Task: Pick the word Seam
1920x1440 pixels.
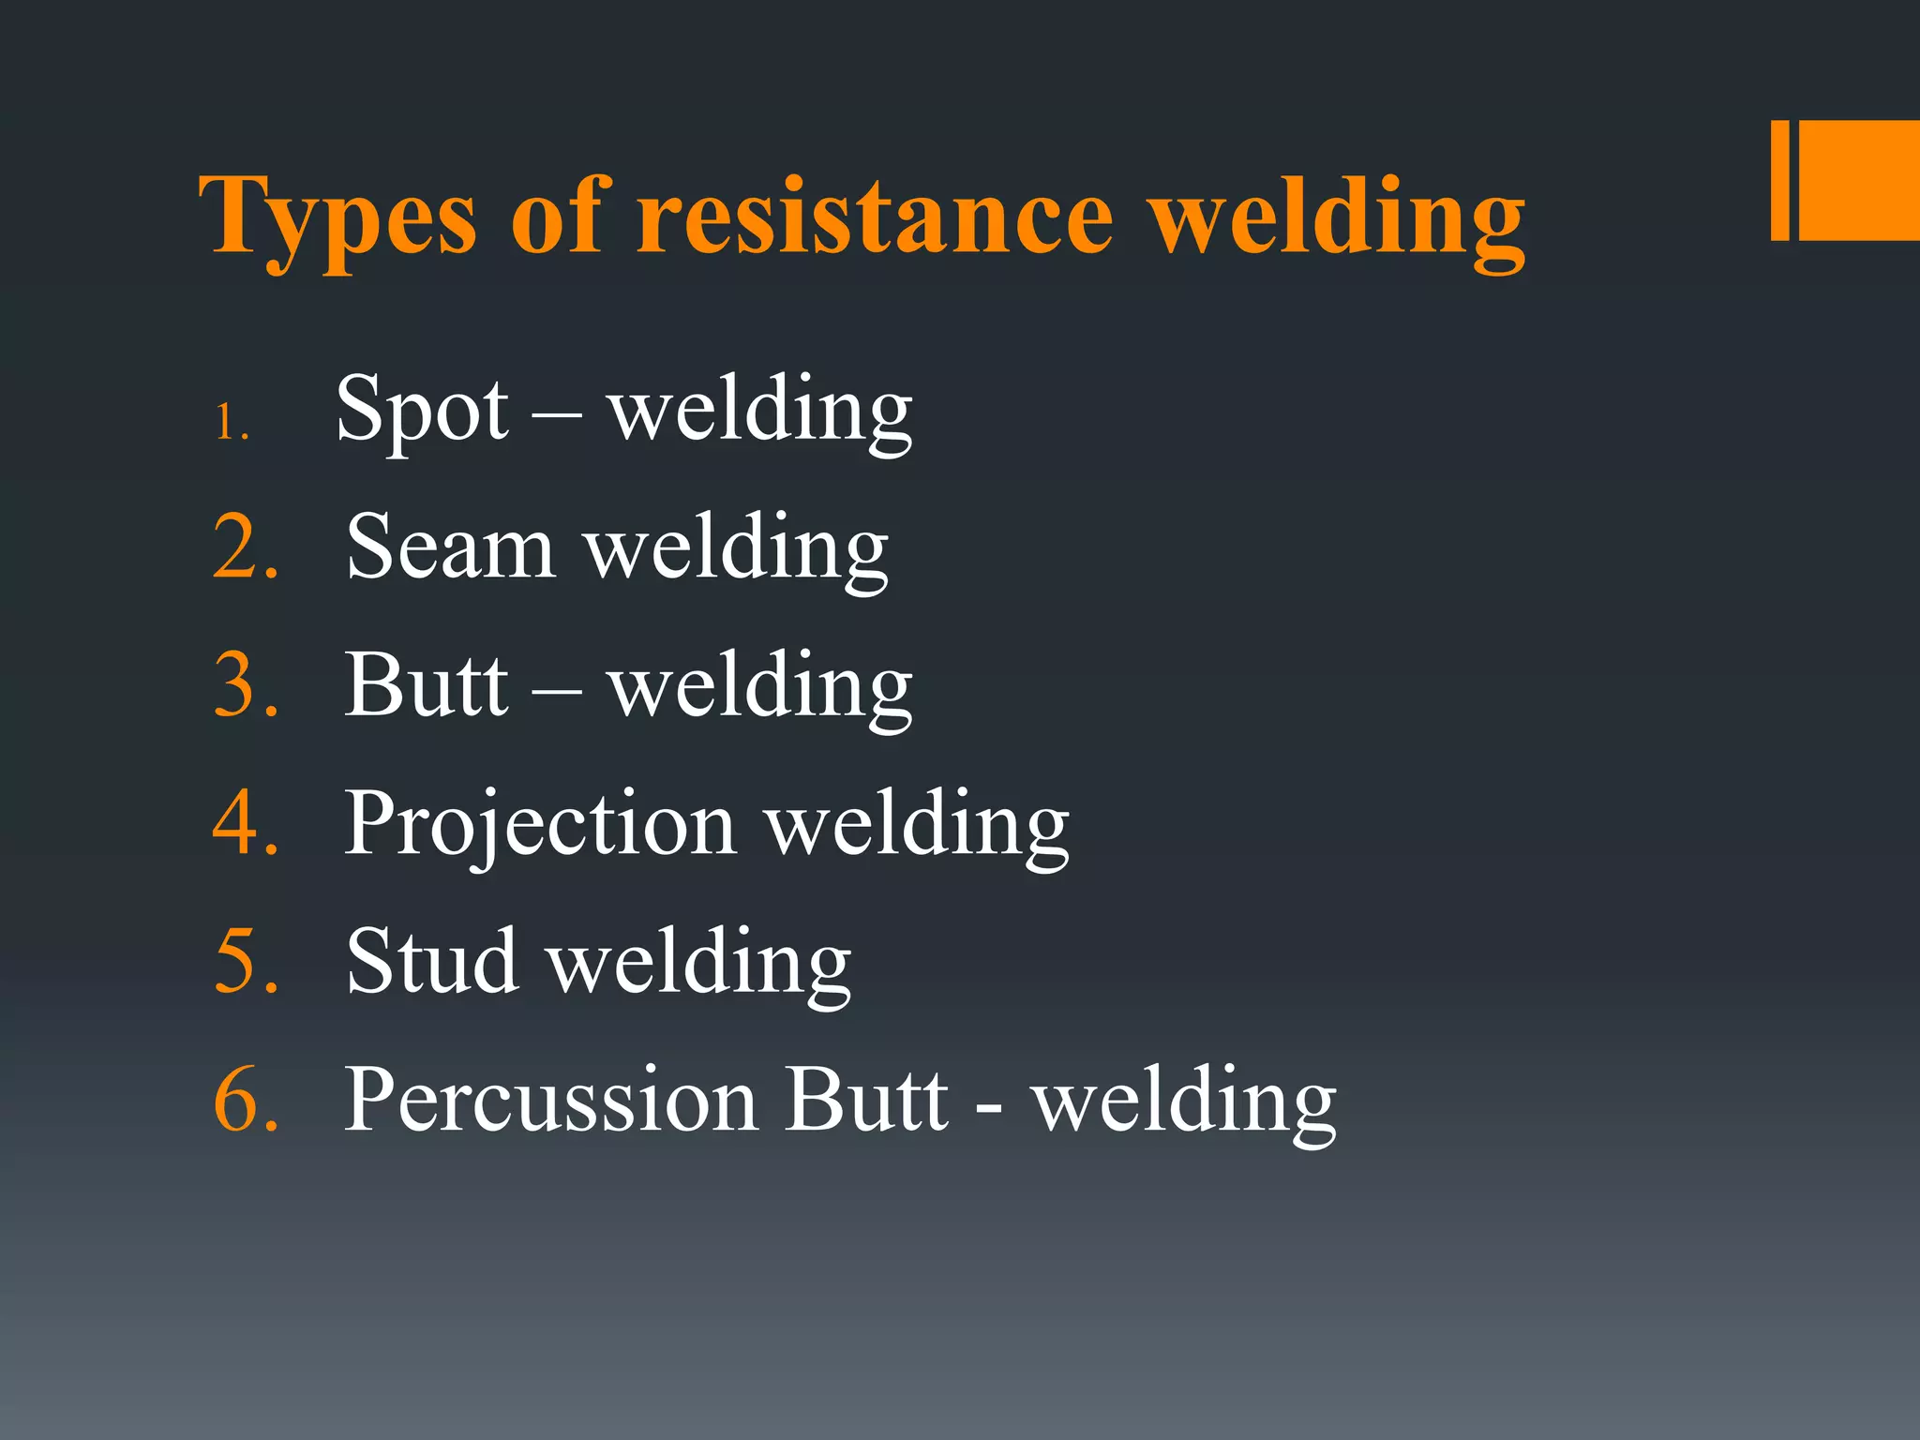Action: pyautogui.click(x=450, y=547)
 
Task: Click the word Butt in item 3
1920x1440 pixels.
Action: pyautogui.click(x=427, y=685)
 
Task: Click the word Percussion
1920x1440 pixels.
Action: pyautogui.click(x=551, y=1100)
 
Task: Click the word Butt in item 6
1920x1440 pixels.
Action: pyautogui.click(x=866, y=1100)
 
